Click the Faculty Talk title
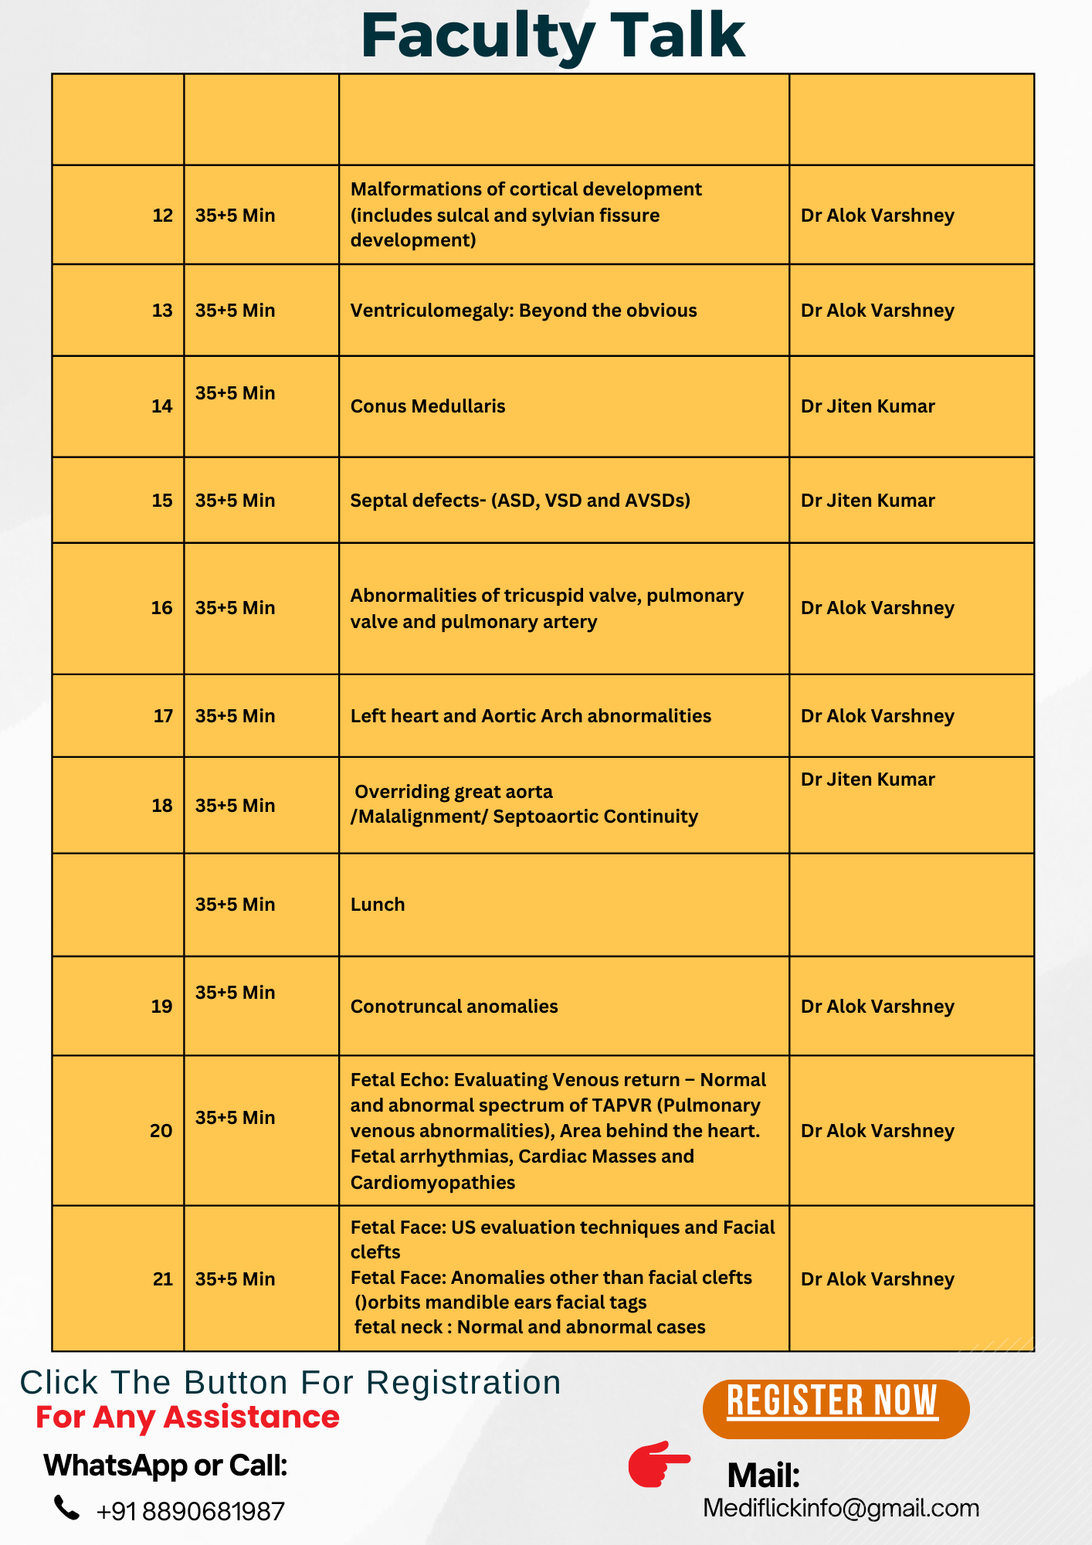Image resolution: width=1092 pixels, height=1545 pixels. click(552, 36)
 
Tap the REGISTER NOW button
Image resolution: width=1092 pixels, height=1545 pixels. click(835, 1409)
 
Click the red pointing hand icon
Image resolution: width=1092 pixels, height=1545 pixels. click(658, 1463)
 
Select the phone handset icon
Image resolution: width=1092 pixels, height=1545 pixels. click(66, 1507)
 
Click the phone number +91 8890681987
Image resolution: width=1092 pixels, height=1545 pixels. click(190, 1511)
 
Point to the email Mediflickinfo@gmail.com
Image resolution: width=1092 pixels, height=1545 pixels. click(840, 1508)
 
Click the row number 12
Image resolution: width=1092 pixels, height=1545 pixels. click(162, 216)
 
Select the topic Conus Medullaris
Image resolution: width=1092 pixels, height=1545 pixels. click(428, 406)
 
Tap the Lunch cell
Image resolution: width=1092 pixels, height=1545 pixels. click(378, 905)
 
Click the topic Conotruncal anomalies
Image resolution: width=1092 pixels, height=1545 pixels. click(454, 1007)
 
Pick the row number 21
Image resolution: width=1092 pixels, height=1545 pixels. click(162, 1279)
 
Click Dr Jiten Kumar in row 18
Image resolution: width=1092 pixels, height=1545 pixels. click(867, 779)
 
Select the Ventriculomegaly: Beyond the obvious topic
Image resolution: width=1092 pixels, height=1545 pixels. click(524, 311)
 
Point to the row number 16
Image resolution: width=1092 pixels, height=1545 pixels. click(161, 608)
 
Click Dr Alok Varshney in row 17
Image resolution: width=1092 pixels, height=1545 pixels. click(877, 716)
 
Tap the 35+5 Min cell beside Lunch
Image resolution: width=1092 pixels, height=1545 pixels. click(235, 905)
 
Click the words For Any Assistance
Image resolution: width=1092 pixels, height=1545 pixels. click(188, 1418)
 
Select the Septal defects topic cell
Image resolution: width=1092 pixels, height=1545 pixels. click(520, 501)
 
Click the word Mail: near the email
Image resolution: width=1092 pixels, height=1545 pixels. click(763, 1475)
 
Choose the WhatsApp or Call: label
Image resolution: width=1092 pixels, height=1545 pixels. click(165, 1465)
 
